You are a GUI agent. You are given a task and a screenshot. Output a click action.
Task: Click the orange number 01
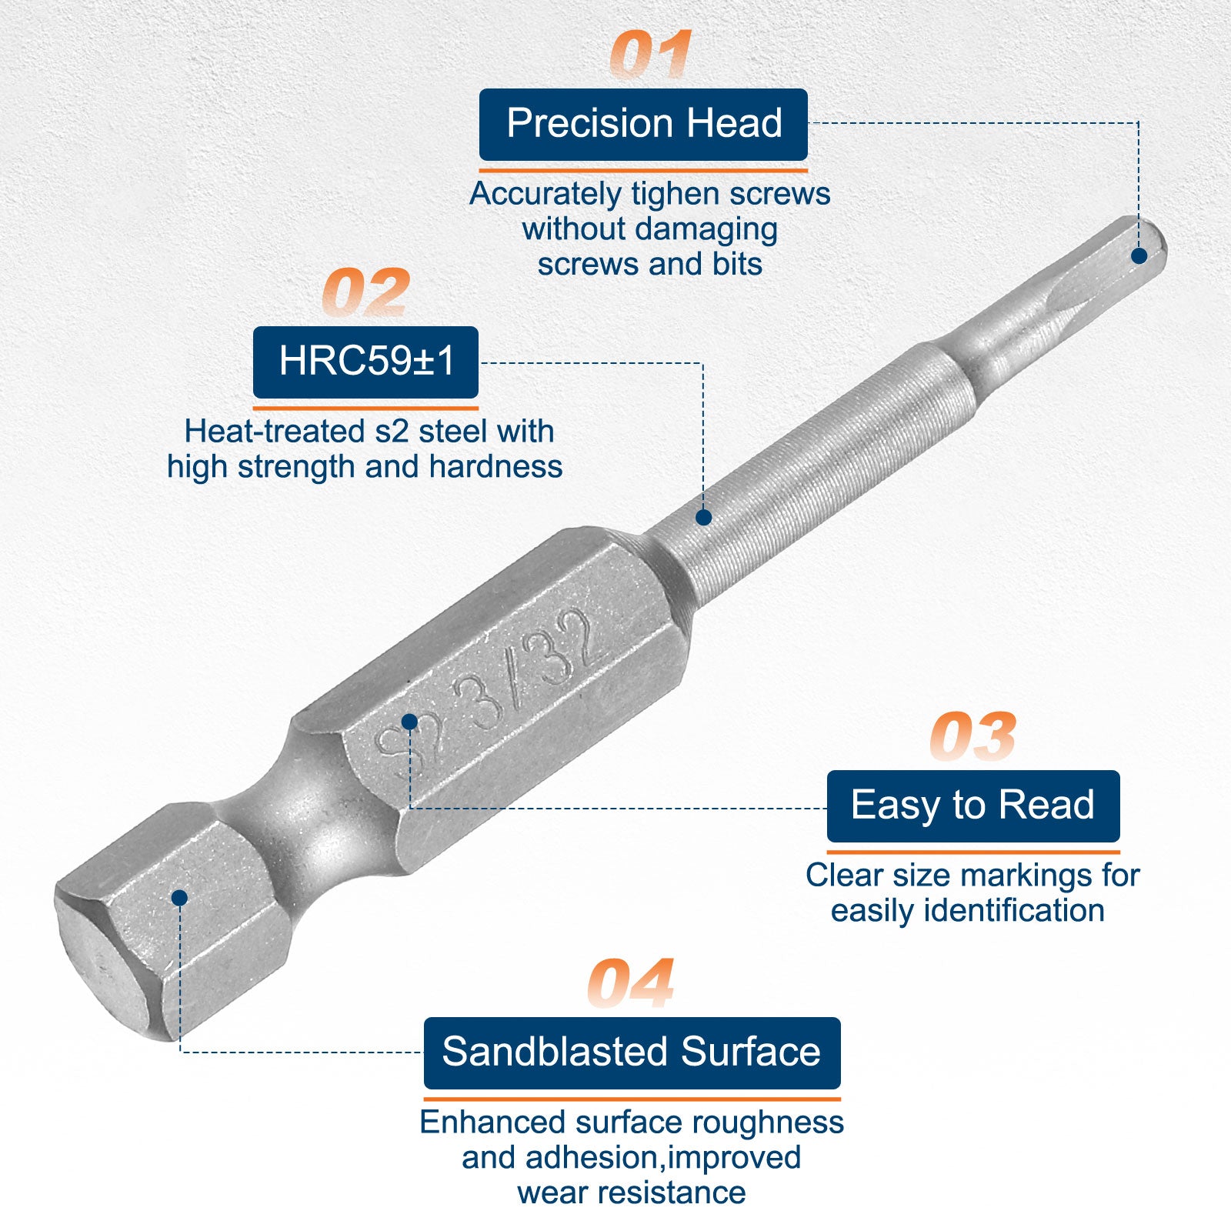(651, 55)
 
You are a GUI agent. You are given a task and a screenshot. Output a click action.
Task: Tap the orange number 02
(365, 292)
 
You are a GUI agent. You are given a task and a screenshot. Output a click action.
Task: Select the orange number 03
(972, 736)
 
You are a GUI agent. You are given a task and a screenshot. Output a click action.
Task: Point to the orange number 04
(631, 983)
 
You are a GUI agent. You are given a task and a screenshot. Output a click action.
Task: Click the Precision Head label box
(643, 124)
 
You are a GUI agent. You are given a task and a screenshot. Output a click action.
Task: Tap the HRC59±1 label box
(365, 362)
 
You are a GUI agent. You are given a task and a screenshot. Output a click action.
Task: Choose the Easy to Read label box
(973, 806)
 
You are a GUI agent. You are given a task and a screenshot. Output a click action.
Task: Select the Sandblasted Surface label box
(632, 1053)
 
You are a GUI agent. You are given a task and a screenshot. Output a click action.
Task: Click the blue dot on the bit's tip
(1139, 255)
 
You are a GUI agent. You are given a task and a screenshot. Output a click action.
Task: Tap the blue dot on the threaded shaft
(703, 517)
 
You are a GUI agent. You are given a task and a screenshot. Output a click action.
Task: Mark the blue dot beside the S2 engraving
(409, 721)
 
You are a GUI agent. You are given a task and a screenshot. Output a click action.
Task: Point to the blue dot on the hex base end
(180, 897)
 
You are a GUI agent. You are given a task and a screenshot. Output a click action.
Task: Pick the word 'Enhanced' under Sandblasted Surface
(492, 1123)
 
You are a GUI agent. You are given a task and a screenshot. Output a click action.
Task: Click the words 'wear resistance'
(632, 1193)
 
